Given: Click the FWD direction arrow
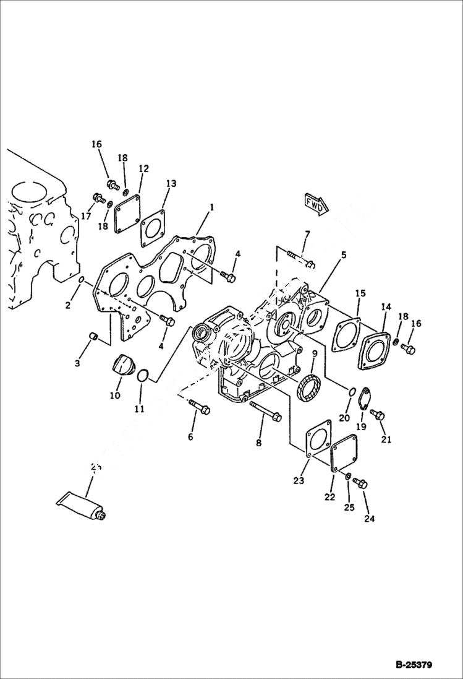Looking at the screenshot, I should click(315, 204).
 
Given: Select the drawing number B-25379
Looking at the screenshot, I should click(414, 665).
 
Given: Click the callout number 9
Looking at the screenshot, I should click(314, 353).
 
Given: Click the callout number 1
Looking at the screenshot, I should click(211, 207).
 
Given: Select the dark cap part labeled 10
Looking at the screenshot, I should click(124, 365).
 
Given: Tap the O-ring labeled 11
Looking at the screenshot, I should click(142, 376).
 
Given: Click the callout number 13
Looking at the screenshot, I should click(171, 183).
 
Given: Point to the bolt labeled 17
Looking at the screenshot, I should click(98, 198).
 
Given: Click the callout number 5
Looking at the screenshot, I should click(343, 254).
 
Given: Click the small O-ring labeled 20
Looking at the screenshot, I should click(351, 392).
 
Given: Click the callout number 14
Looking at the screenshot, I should click(386, 306).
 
